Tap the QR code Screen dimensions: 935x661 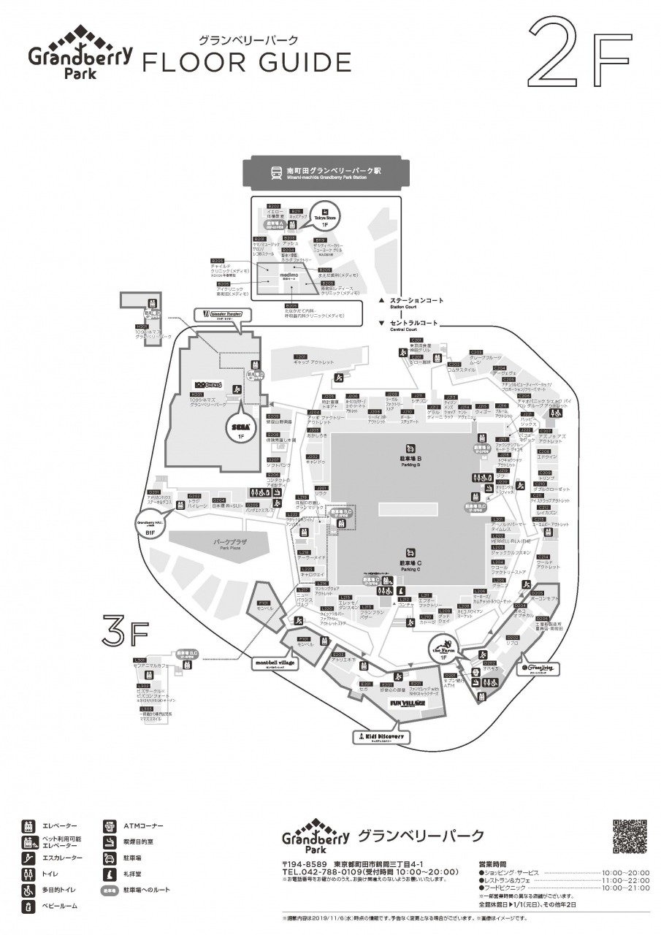tap(630, 836)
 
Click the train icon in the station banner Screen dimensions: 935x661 tap(276, 173)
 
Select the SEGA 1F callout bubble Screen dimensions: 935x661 tap(241, 429)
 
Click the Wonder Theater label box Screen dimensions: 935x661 tap(222, 315)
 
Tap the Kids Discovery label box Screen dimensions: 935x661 tap(378, 737)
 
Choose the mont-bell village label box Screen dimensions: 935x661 tap(275, 663)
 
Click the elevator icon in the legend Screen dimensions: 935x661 tap(29, 825)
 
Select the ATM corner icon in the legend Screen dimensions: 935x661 tap(110, 825)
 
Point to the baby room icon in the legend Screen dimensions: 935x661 tap(29, 906)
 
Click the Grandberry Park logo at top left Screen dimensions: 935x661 tap(80, 53)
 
